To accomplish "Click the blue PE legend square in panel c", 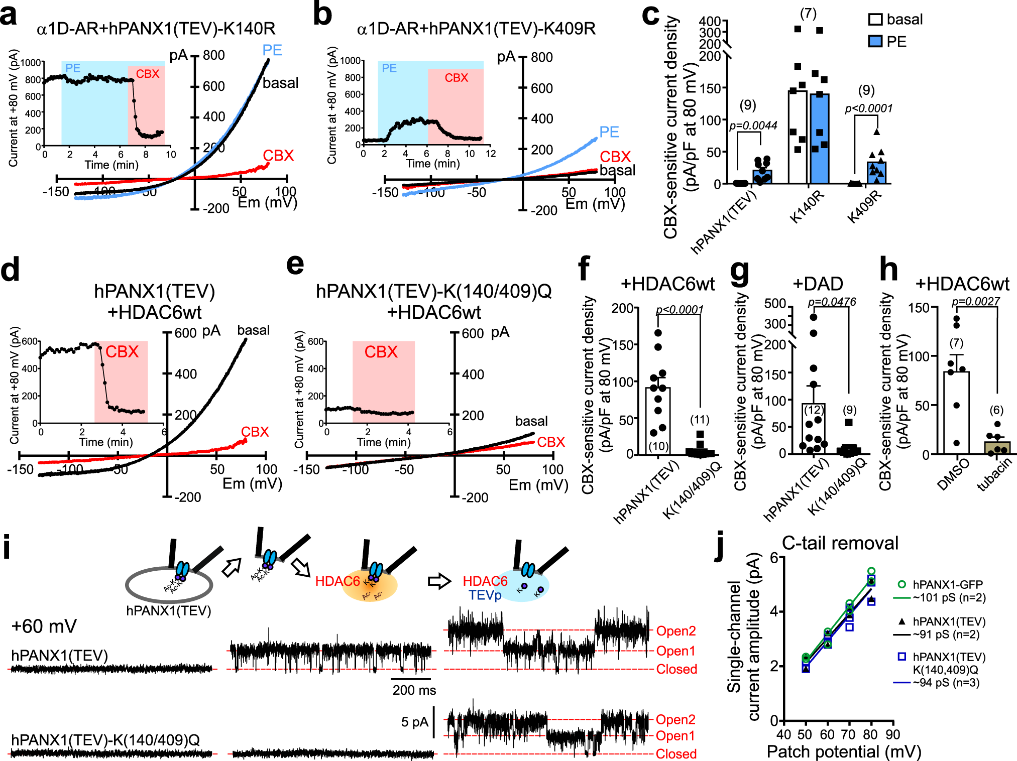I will [x=875, y=41].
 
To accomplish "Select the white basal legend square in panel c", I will [x=875, y=20].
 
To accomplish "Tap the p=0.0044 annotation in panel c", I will [x=753, y=125].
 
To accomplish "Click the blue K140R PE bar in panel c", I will [x=819, y=138].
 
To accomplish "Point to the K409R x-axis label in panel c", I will [x=865, y=207].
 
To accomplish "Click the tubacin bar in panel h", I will [x=997, y=447].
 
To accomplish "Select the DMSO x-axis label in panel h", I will [x=953, y=475].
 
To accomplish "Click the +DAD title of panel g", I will [x=818, y=284].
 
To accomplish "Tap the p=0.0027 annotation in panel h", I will [x=975, y=301].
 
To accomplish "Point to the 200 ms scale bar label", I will [x=414, y=690].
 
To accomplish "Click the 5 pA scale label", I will [x=414, y=722].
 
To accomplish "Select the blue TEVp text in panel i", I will [x=485, y=595].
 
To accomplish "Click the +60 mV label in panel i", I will [x=44, y=626].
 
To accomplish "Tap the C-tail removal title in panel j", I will [x=840, y=543].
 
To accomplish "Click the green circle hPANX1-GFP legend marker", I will [x=901, y=584].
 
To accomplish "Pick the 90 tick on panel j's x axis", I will [x=892, y=735].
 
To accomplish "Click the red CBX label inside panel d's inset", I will [x=122, y=351].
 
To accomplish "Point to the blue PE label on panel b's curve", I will [x=609, y=132].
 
